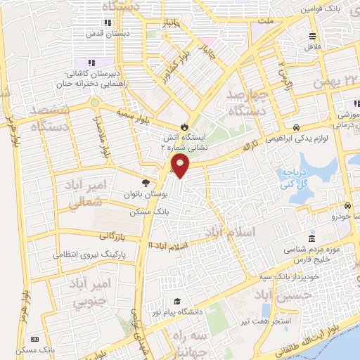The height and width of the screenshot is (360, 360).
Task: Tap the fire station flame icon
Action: click(185, 127)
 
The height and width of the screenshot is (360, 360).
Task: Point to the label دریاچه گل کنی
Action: click(300, 179)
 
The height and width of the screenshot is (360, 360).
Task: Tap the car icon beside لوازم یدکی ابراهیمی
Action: click(297, 127)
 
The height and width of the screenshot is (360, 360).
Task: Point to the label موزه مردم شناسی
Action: click(314, 249)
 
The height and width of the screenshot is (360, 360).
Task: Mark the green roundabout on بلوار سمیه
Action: click(94, 103)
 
